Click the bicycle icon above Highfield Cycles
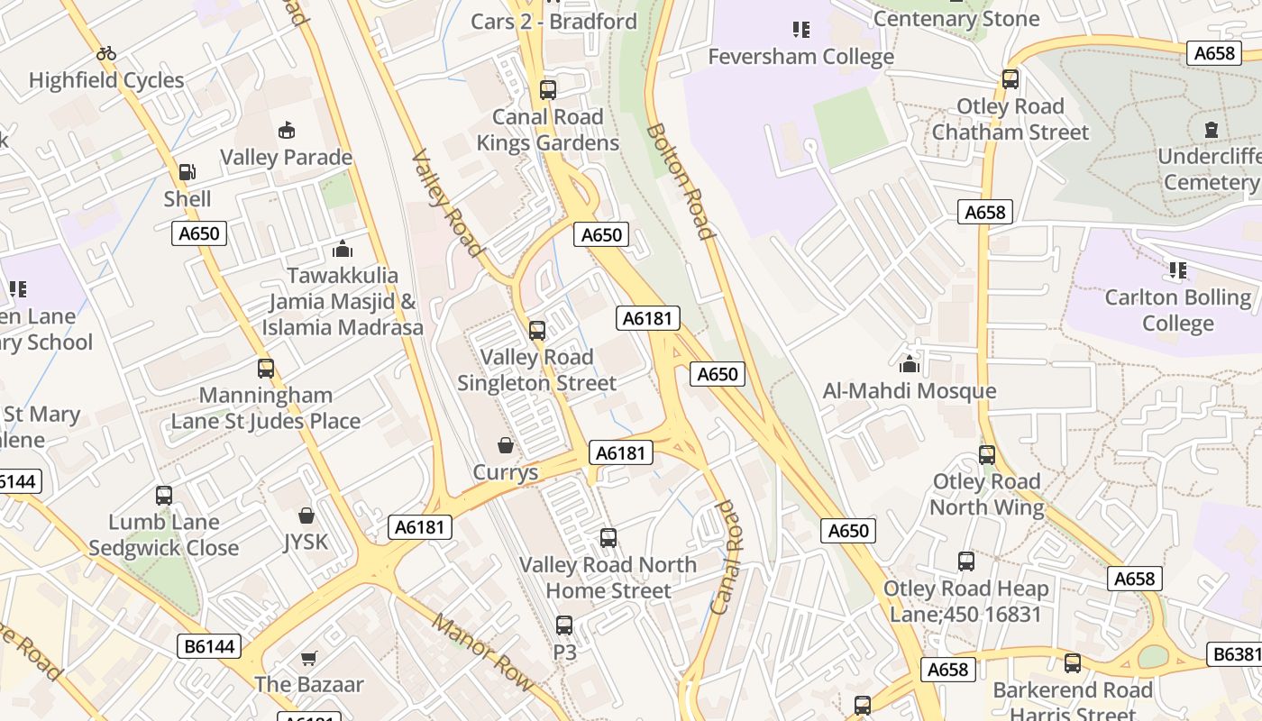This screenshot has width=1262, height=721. [106, 53]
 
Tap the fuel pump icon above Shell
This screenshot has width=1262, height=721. [187, 171]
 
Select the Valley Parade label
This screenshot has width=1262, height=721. [286, 158]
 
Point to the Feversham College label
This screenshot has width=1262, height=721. [800, 57]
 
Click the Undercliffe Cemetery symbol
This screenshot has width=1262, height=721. [1211, 130]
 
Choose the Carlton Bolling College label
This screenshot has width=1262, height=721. [1177, 310]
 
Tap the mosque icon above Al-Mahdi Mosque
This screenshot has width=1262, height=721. [909, 364]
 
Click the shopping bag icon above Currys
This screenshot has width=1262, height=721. [506, 445]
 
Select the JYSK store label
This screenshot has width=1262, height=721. [306, 542]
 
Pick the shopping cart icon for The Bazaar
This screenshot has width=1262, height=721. [309, 658]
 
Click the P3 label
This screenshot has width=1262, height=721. [564, 651]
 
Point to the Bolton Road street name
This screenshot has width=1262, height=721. [681, 180]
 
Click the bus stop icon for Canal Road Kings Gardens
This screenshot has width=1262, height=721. [548, 90]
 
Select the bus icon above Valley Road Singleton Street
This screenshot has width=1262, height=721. [537, 331]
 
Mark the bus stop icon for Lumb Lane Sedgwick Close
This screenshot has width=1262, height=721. [164, 496]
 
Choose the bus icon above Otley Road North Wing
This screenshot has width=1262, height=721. [987, 455]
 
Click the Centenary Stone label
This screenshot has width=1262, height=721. [956, 18]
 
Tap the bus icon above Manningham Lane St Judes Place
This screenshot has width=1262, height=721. [265, 369]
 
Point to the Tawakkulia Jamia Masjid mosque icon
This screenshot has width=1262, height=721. [343, 248]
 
